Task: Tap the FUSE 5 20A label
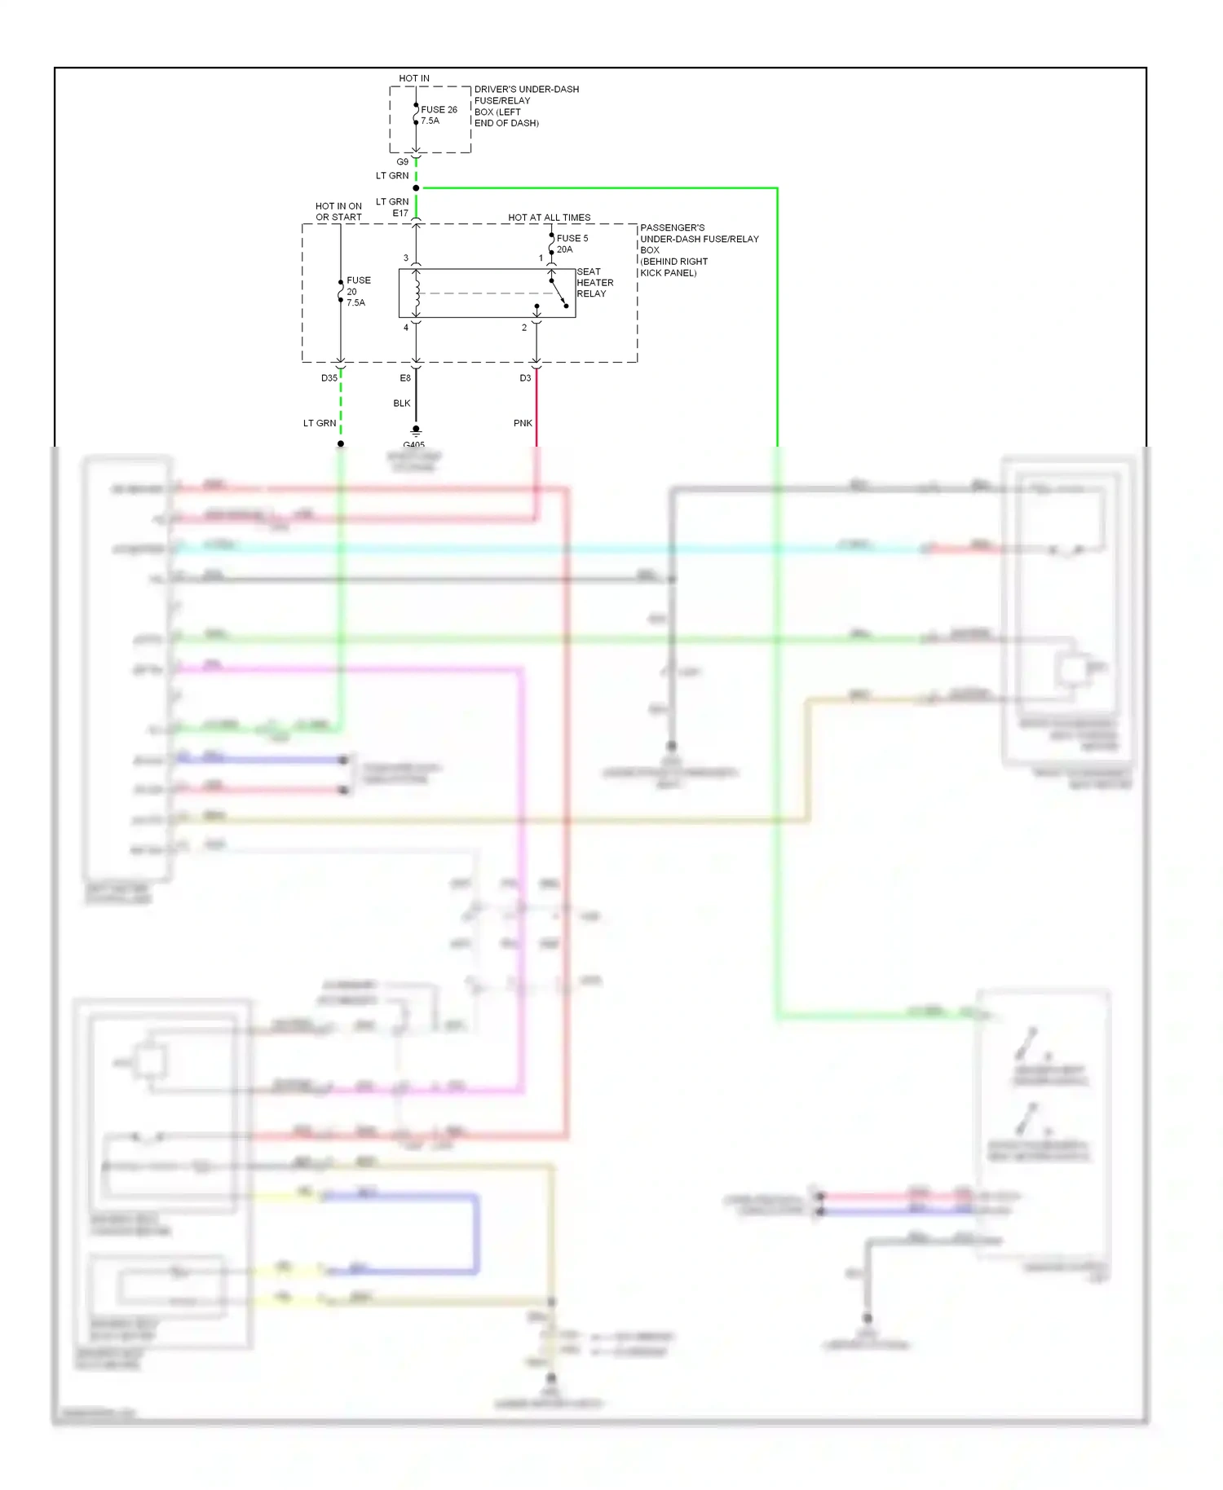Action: click(x=572, y=244)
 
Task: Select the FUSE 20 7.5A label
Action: click(x=358, y=291)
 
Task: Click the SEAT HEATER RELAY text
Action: click(x=594, y=283)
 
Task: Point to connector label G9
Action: click(x=403, y=162)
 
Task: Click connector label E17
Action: click(x=400, y=214)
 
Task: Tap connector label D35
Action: click(x=329, y=378)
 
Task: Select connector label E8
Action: click(x=405, y=378)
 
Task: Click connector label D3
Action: click(x=525, y=378)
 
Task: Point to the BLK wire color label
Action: click(x=402, y=403)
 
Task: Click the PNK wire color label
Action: click(x=523, y=423)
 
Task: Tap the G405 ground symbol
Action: click(x=416, y=430)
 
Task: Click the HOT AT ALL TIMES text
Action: click(x=549, y=218)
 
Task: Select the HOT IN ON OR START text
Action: click(x=338, y=212)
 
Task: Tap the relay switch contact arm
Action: click(x=559, y=293)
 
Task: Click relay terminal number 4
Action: click(x=406, y=328)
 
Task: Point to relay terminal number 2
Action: click(x=524, y=328)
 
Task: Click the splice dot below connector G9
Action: click(x=416, y=188)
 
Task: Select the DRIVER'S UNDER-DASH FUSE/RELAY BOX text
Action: click(x=526, y=106)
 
